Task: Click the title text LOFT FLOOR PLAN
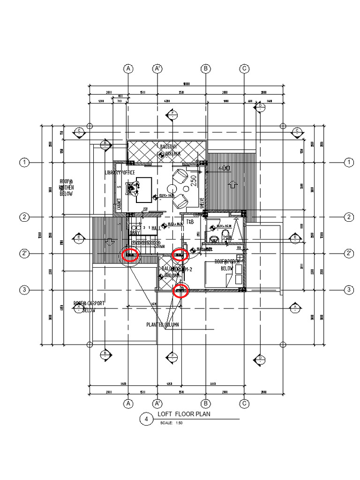184,414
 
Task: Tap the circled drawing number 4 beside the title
147,420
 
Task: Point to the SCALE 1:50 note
172,423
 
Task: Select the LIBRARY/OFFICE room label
120,173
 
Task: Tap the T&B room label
190,221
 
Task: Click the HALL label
156,228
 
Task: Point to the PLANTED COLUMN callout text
162,324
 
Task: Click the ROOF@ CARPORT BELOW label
89,307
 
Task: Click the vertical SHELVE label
202,203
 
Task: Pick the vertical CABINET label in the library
119,202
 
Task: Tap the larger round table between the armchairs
186,189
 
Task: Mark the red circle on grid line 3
181,291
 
